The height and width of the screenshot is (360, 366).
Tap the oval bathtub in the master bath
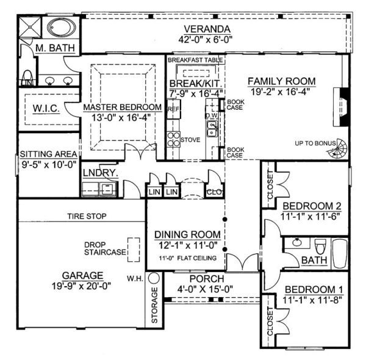point(59,29)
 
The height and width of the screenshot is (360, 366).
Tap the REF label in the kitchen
point(173,110)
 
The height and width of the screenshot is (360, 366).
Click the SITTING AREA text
point(48,154)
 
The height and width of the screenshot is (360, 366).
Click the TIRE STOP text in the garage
point(86,216)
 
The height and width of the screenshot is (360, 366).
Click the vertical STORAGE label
point(154,306)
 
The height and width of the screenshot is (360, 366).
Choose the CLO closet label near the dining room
point(214,192)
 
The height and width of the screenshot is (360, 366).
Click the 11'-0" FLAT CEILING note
point(185,258)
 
